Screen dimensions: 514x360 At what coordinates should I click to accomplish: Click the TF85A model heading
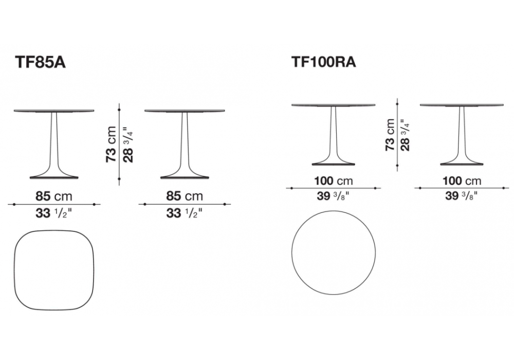point(41,62)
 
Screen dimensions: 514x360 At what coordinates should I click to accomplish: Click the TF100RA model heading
point(323,62)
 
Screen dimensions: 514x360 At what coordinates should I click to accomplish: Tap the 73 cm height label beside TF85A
point(111,145)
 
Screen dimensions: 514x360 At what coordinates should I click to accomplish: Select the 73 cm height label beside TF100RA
point(390,134)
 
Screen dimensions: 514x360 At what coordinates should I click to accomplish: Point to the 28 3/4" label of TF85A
point(128,147)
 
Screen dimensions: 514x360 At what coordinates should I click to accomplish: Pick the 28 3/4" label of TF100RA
point(405,135)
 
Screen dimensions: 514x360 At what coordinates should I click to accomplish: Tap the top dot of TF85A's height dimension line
point(119,110)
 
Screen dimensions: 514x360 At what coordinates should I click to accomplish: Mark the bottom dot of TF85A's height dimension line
point(119,179)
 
